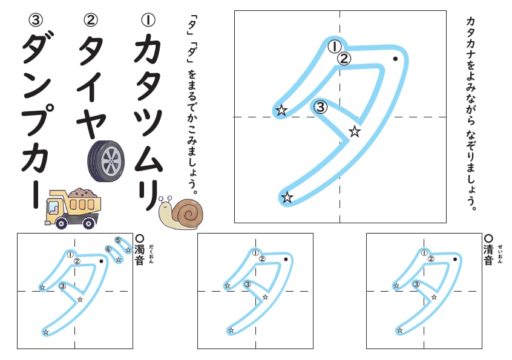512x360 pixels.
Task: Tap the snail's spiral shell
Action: [x=190, y=213]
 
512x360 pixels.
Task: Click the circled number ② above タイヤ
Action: [x=90, y=20]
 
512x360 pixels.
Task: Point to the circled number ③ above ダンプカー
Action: [x=35, y=20]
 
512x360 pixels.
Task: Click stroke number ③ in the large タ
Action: [x=321, y=107]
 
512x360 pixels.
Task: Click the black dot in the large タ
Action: [x=395, y=59]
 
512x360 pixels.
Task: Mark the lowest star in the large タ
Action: [x=287, y=197]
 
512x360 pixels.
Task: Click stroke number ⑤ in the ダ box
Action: [x=118, y=240]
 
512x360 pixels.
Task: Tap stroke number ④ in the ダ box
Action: [x=108, y=249]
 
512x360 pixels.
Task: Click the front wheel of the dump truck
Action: [x=61, y=223]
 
